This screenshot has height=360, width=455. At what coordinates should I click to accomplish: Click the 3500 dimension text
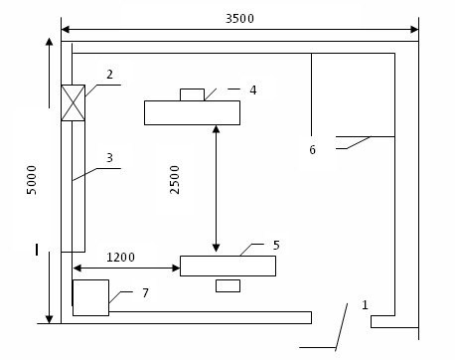(x=239, y=19)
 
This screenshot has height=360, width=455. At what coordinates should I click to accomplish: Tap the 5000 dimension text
(x=32, y=180)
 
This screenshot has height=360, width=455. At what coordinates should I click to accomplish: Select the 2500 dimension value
(x=174, y=180)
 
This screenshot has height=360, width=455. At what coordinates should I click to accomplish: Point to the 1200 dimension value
(x=120, y=258)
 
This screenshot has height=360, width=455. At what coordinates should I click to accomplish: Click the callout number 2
(x=110, y=75)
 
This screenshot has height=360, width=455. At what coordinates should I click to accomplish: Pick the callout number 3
(x=110, y=158)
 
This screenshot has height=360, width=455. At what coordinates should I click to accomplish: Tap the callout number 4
(x=253, y=90)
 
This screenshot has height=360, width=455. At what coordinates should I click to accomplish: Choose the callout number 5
(x=276, y=246)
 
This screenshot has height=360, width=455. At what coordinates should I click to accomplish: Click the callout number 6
(x=313, y=150)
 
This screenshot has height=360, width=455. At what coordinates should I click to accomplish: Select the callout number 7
(x=145, y=293)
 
